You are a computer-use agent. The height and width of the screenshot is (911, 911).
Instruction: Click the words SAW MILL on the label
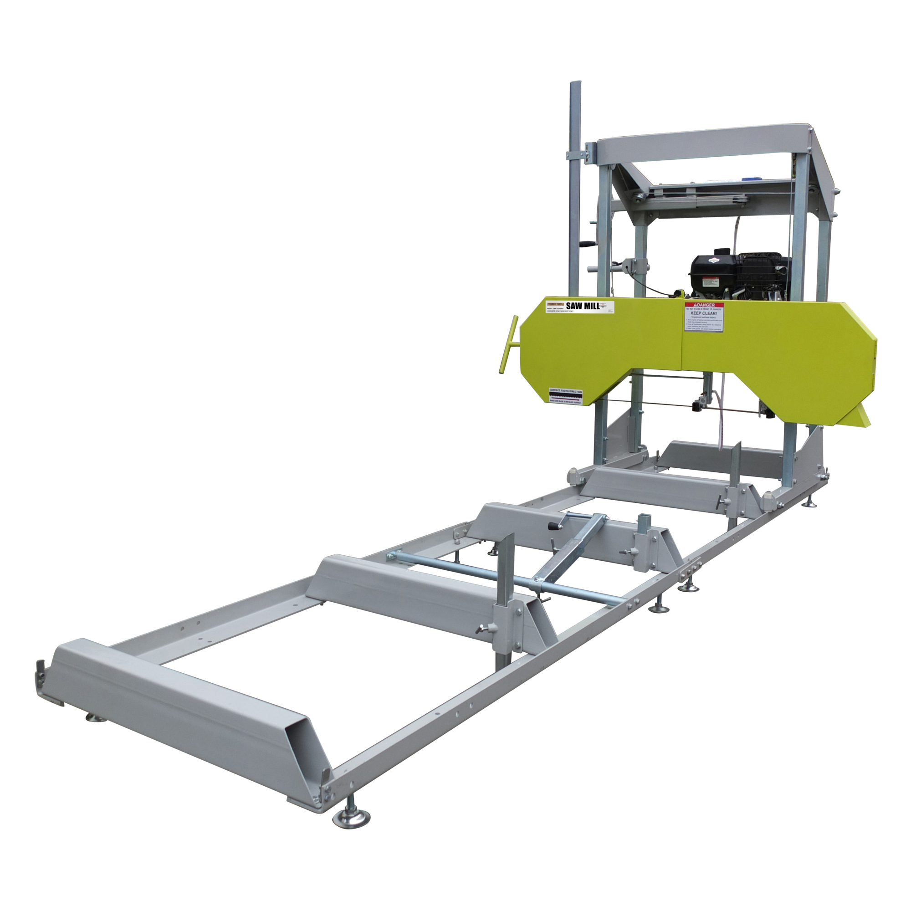pyautogui.click(x=583, y=306)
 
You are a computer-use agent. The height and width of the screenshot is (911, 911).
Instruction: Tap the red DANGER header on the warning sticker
pyautogui.click(x=704, y=306)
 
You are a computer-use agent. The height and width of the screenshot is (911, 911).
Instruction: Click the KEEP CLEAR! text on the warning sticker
pyautogui.click(x=704, y=313)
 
